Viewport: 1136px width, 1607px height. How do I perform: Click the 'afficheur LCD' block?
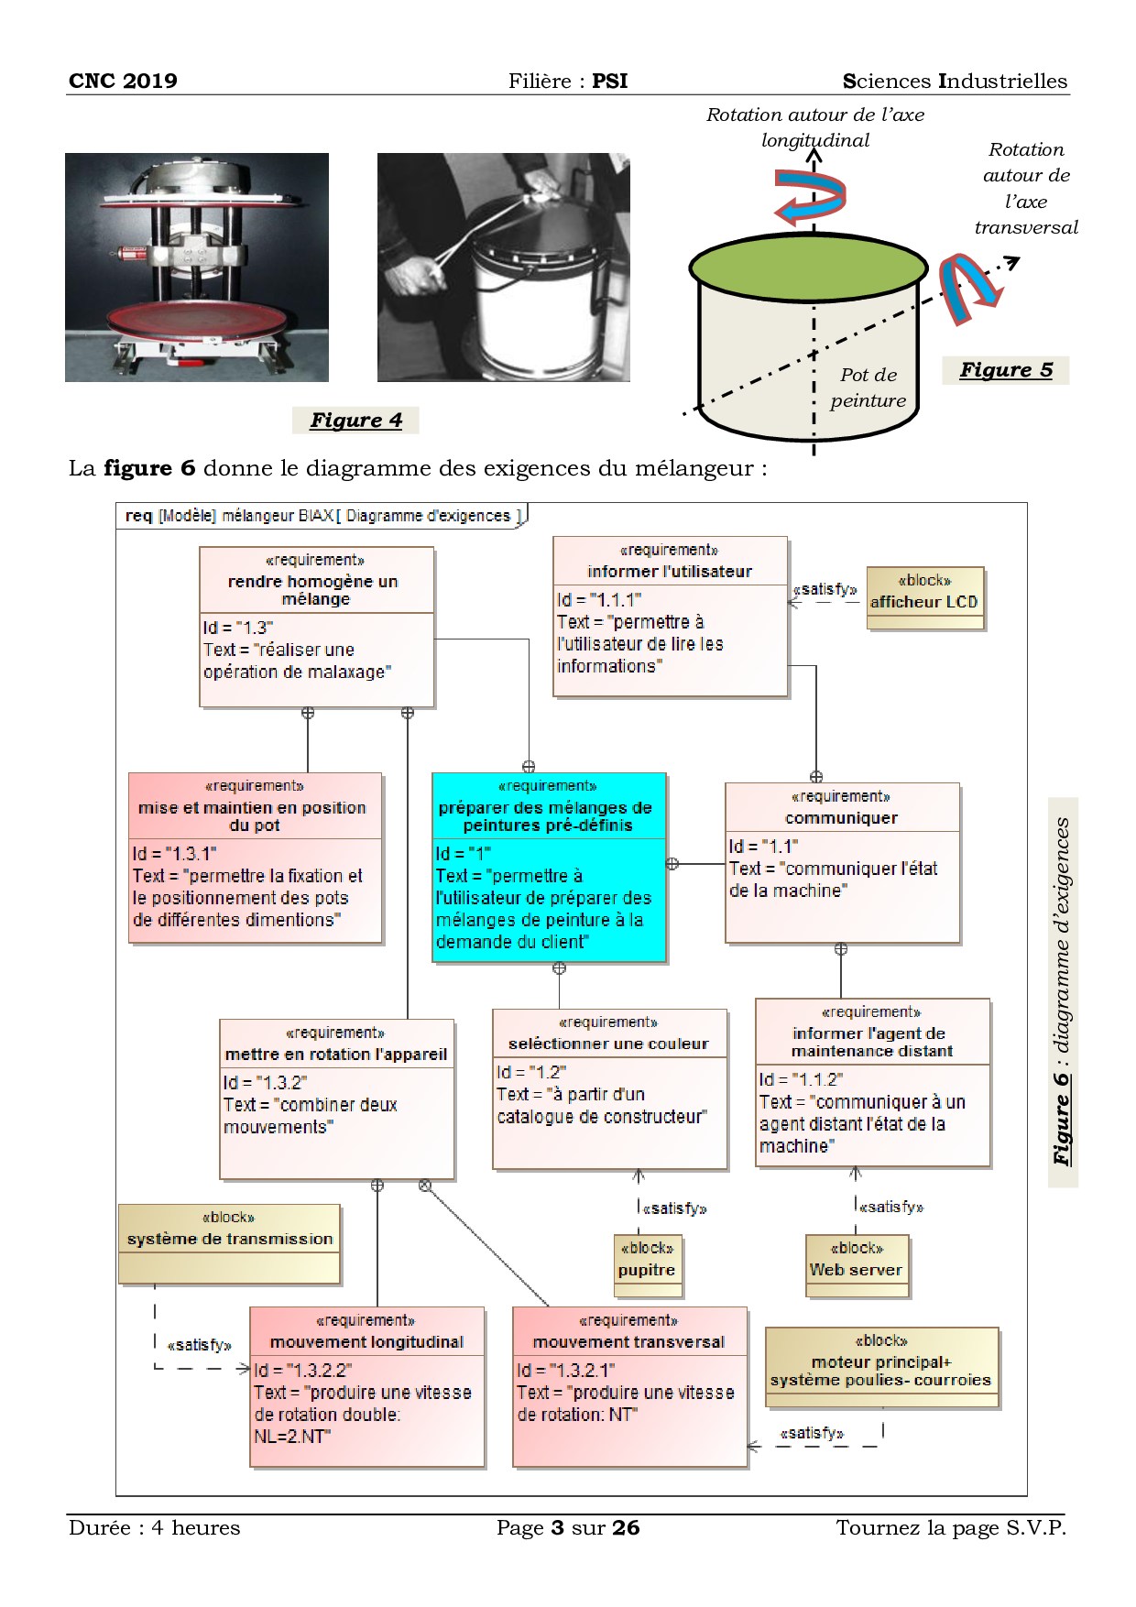tap(925, 598)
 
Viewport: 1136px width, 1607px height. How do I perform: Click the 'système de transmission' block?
tap(230, 1242)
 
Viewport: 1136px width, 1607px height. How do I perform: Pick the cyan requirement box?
tap(549, 867)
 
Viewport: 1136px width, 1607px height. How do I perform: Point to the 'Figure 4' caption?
tap(355, 421)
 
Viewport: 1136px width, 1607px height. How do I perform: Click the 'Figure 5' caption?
tap(1006, 370)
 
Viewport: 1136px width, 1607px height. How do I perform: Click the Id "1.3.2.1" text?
tap(566, 1370)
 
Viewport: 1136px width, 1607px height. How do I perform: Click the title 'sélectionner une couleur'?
tap(608, 1044)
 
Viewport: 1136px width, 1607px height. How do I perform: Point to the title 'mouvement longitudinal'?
tap(366, 1342)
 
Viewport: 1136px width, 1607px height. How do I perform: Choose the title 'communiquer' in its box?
tap(841, 818)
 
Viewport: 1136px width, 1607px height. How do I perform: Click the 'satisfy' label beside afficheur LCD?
tap(825, 590)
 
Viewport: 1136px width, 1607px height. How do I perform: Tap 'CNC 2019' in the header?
tap(123, 81)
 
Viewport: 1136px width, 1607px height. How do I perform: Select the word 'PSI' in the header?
tap(609, 81)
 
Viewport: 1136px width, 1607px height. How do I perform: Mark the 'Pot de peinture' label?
tap(868, 388)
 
